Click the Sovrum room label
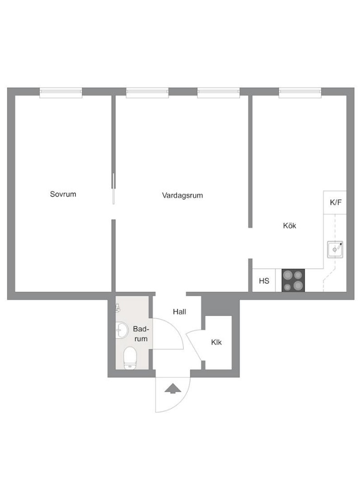click(63, 194)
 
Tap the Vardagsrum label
click(182, 195)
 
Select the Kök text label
click(290, 226)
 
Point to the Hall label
click(179, 312)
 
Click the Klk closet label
click(216, 342)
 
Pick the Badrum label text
click(141, 334)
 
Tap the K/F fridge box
click(335, 203)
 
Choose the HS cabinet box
click(264, 280)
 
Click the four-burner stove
click(293, 280)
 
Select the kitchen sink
click(335, 249)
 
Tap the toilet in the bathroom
click(130, 358)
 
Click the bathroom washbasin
click(122, 330)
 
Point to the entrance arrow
click(173, 389)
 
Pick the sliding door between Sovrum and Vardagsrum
click(113, 189)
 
